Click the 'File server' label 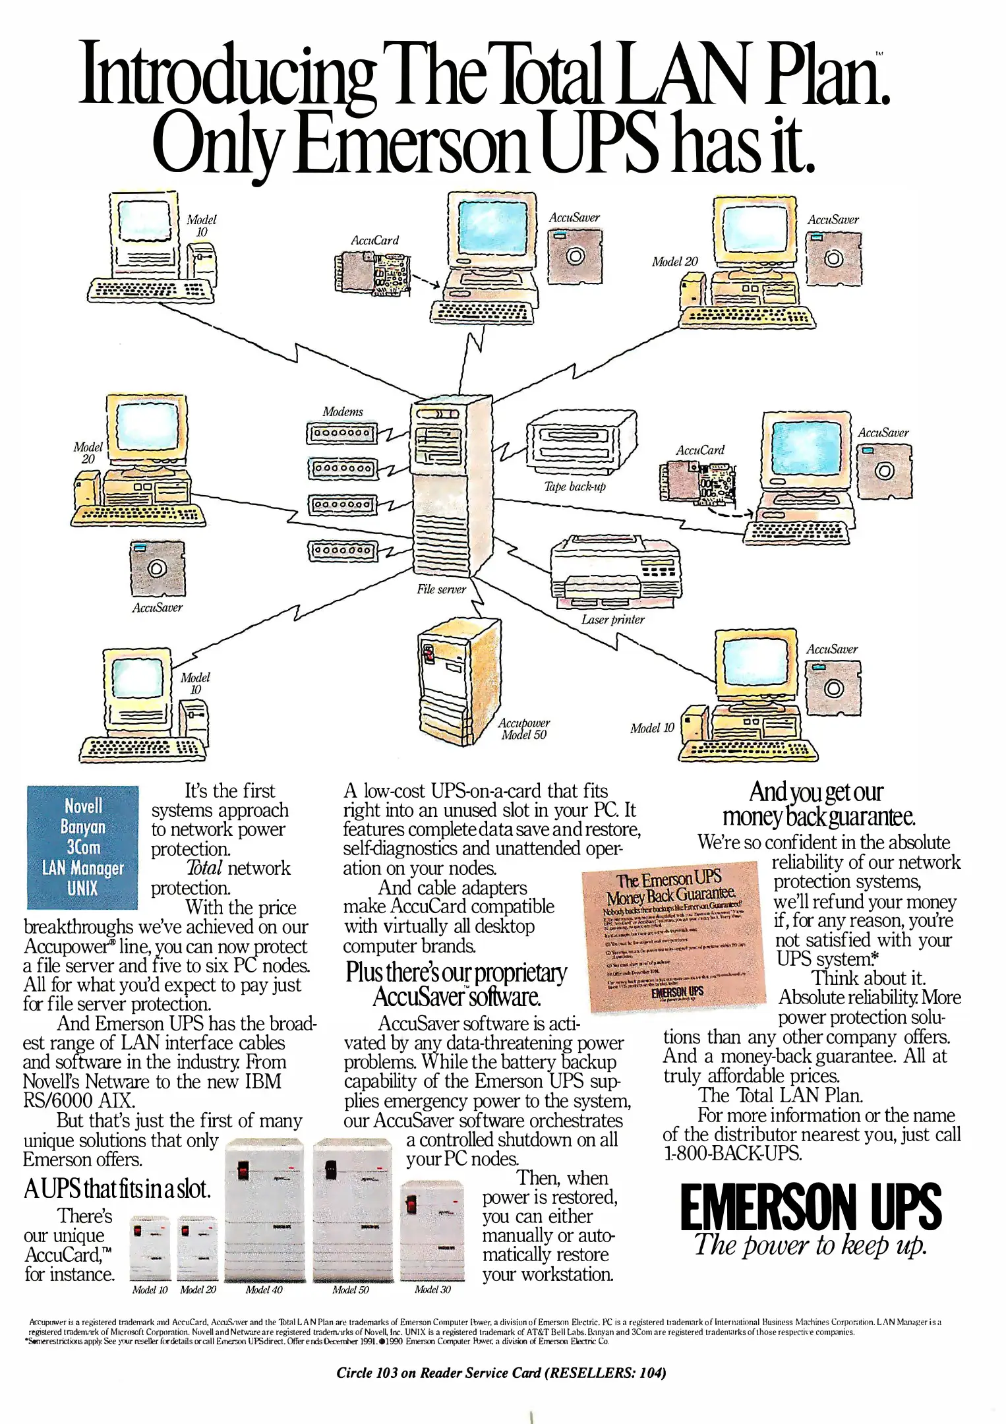(x=440, y=589)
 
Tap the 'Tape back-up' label (x=574, y=487)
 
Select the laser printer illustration (x=614, y=572)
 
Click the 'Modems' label (x=342, y=411)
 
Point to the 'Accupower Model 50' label (x=523, y=728)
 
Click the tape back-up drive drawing (x=581, y=442)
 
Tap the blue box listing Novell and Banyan (x=82, y=846)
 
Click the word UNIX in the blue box (x=82, y=889)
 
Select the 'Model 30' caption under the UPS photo (x=432, y=1289)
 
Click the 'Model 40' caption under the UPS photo (x=264, y=1289)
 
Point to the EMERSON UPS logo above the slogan (x=810, y=1207)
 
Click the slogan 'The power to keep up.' (x=810, y=1245)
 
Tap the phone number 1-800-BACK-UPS (x=732, y=1153)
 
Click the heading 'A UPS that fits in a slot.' (x=117, y=1188)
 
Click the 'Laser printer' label (x=612, y=620)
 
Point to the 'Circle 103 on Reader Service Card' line (x=501, y=1373)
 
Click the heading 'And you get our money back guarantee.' (x=818, y=804)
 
